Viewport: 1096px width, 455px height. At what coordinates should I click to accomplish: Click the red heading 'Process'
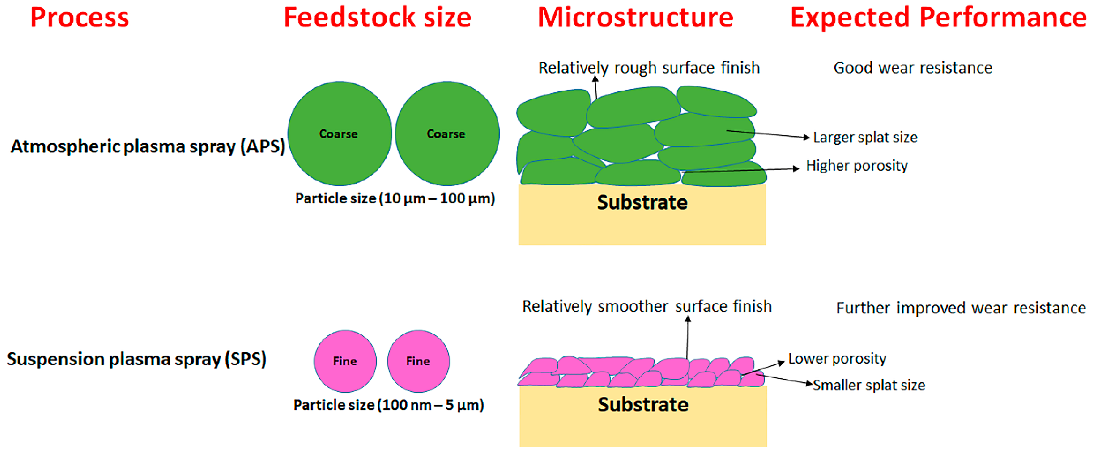pos(80,18)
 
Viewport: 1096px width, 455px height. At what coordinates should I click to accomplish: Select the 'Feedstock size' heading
pos(377,18)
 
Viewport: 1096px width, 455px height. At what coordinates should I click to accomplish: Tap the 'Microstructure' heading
pos(636,18)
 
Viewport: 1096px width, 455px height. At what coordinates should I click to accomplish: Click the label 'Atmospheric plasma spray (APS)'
pos(148,146)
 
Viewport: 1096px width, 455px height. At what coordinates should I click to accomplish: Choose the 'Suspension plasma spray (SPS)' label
pos(137,359)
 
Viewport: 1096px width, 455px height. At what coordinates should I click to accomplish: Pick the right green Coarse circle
pos(447,134)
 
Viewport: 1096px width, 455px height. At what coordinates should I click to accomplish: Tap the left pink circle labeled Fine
pos(345,361)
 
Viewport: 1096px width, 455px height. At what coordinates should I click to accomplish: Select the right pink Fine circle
pos(418,361)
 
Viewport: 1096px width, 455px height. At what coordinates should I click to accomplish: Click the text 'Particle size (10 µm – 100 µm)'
pos(395,198)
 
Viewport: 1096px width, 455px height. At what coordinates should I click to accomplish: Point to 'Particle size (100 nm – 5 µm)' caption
pos(389,405)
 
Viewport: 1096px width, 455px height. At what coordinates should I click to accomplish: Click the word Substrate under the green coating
pos(642,203)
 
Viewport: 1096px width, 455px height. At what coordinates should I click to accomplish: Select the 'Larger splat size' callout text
pos(865,138)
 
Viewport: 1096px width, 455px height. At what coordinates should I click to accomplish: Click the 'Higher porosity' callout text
pos(857,165)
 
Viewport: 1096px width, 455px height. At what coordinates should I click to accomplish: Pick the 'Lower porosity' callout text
pos(837,358)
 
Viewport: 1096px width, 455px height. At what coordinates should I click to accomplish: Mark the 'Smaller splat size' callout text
pos(869,385)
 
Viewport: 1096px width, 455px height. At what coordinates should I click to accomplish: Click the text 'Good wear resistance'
pos(913,68)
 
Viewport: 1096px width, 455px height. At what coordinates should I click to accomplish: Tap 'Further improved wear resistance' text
pos(961,308)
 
